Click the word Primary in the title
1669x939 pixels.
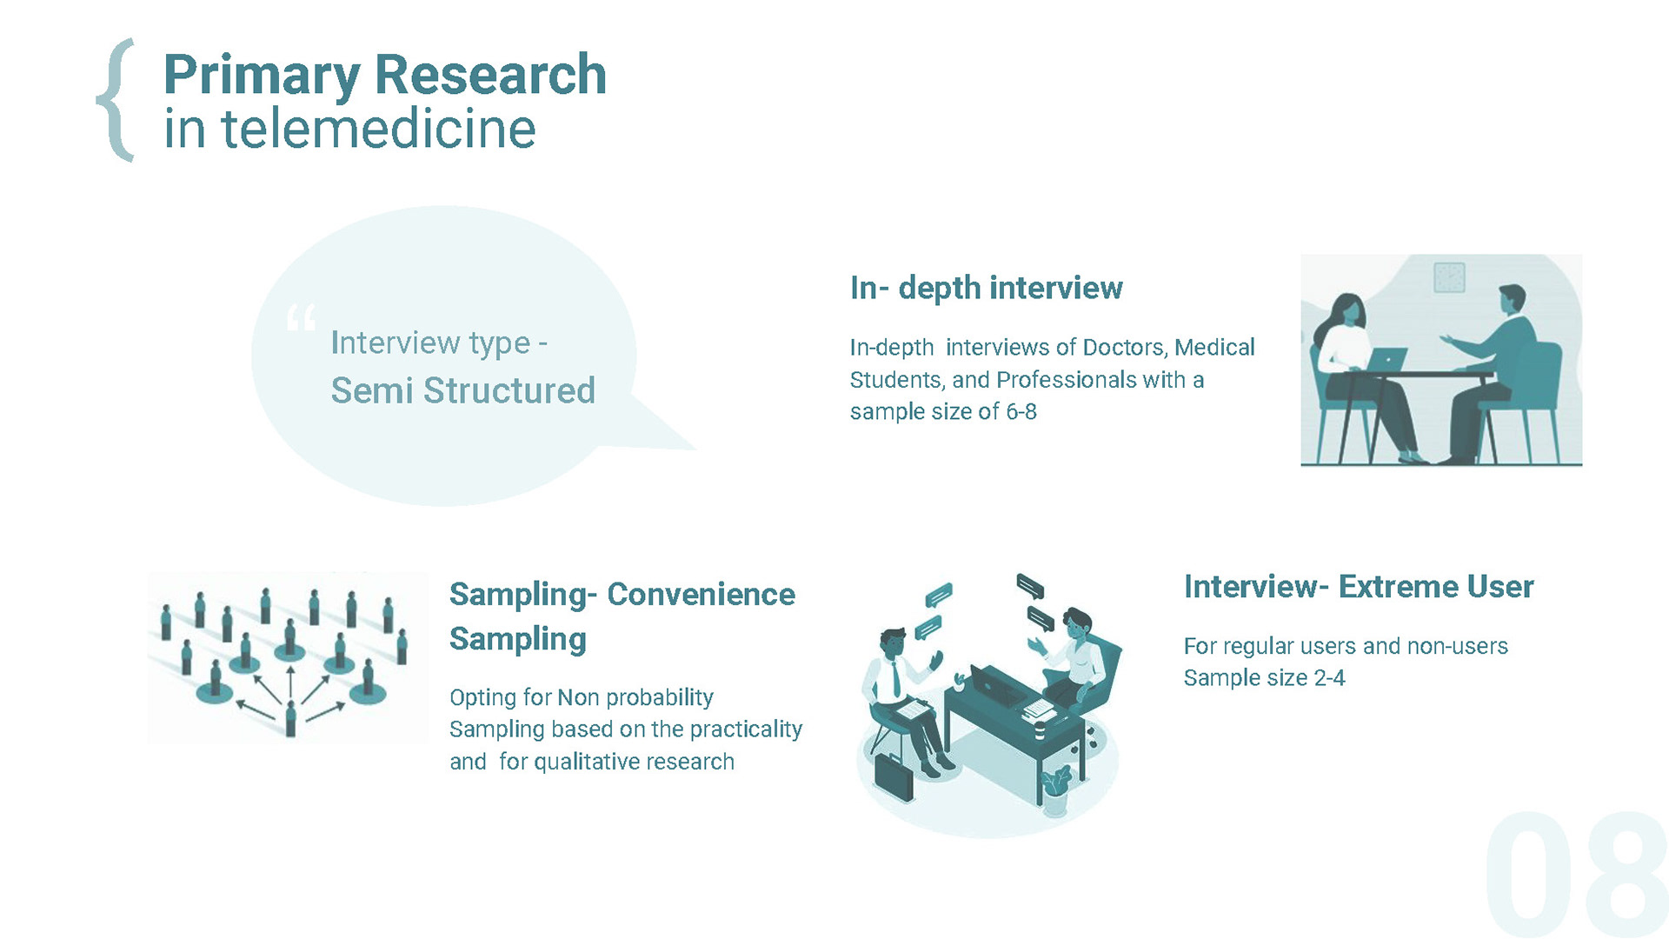[x=261, y=76]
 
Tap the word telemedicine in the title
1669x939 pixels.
[x=378, y=130]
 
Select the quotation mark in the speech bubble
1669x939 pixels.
[x=301, y=318]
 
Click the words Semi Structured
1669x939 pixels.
[x=462, y=391]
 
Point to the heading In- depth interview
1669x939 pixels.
[x=986, y=288]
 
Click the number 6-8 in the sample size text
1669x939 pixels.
[x=1021, y=412]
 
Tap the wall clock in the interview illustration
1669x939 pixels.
[x=1448, y=278]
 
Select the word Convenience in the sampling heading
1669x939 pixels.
[x=701, y=595]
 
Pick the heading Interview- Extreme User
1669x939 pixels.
[x=1358, y=587]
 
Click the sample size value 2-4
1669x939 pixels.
[x=1329, y=678]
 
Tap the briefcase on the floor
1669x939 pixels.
[x=894, y=776]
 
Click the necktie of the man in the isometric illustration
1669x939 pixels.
[x=896, y=678]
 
